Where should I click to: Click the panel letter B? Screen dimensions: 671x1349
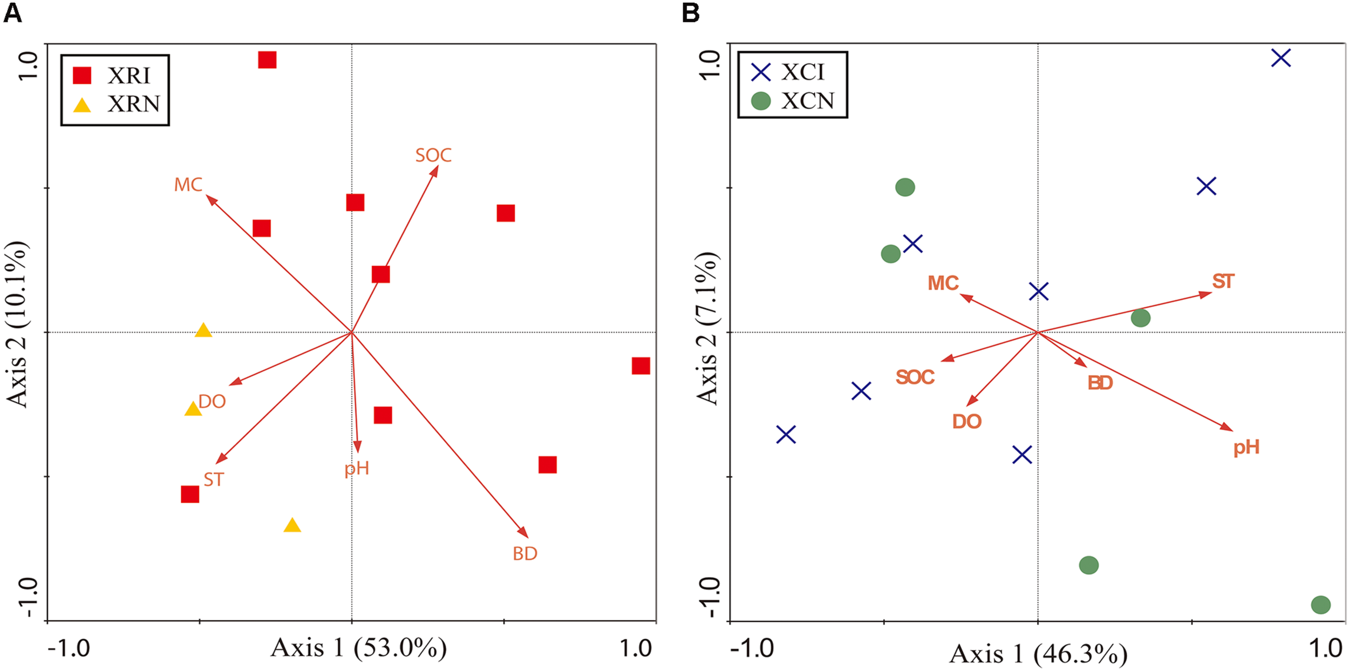[x=691, y=12]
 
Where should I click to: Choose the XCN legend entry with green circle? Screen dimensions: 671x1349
[x=793, y=101]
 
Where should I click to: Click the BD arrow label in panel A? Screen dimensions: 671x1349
[x=524, y=553]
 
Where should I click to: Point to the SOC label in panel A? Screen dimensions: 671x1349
[x=433, y=155]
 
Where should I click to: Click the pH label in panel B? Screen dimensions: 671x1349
[x=1246, y=447]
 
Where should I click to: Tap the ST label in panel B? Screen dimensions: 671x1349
[x=1223, y=281]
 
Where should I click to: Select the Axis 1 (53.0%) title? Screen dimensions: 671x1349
[x=358, y=647]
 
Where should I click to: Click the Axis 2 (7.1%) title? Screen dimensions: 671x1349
[x=707, y=328]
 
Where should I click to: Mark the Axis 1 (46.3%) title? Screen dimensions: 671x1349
[x=1038, y=654]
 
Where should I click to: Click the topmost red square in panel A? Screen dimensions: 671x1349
[x=267, y=59]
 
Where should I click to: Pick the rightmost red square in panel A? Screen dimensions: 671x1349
[x=641, y=366]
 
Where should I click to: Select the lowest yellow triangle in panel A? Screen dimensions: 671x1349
[x=292, y=526]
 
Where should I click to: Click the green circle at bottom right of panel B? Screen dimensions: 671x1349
[x=1320, y=605]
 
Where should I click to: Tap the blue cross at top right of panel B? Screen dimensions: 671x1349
[x=1281, y=58]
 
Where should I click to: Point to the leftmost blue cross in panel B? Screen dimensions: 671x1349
[x=786, y=434]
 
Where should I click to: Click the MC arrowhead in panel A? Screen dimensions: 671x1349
[x=210, y=199]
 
